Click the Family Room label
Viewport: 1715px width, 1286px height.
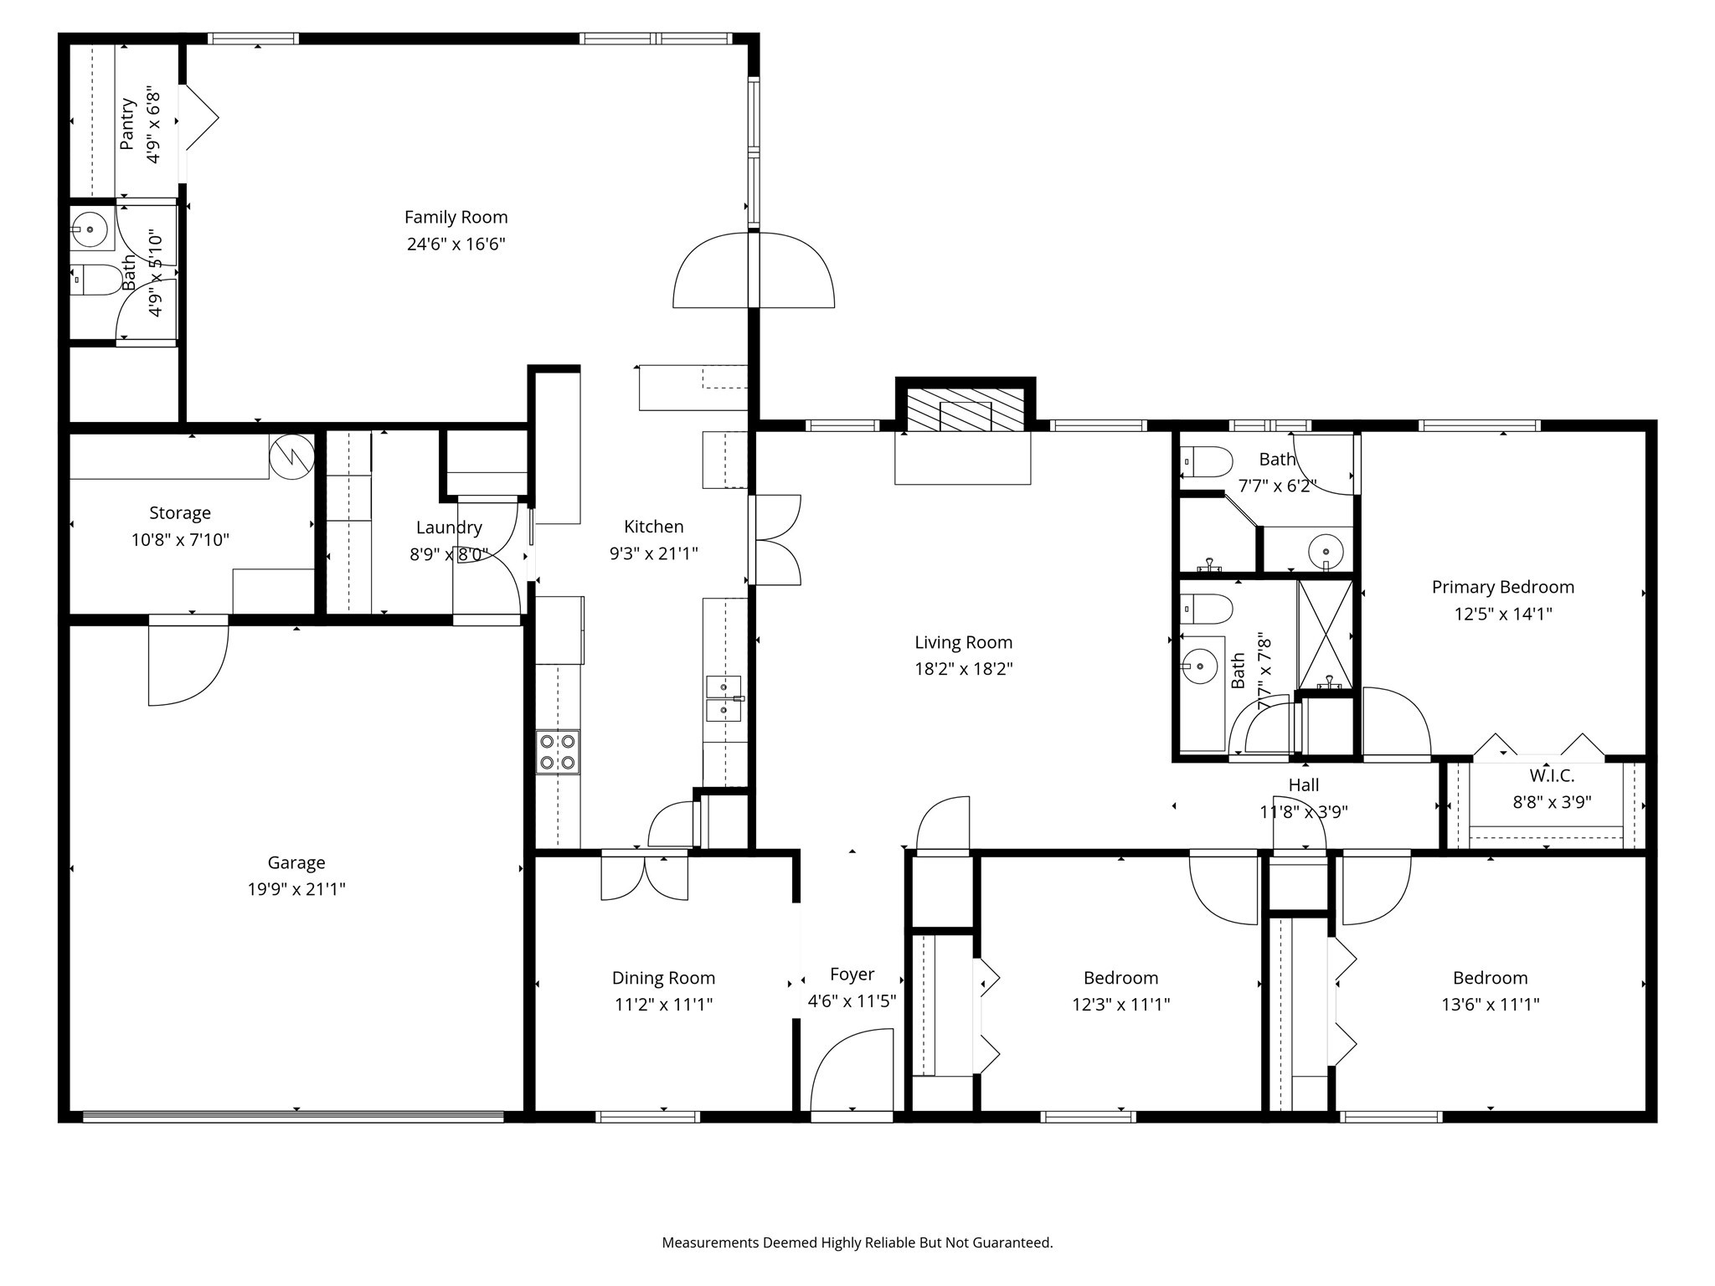456,218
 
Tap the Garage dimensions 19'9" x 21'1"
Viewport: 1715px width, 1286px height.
296,889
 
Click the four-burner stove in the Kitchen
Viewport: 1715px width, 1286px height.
558,752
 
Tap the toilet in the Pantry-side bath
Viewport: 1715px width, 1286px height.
95,280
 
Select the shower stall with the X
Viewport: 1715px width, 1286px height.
1325,634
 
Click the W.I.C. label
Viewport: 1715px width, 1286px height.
1552,776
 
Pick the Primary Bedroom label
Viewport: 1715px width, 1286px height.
1503,588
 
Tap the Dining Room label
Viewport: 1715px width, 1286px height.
663,978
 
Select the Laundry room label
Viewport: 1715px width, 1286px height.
449,527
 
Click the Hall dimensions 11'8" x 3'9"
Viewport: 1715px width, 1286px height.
1304,812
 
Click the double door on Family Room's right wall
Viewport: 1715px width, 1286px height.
754,270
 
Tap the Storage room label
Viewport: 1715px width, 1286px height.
180,513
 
